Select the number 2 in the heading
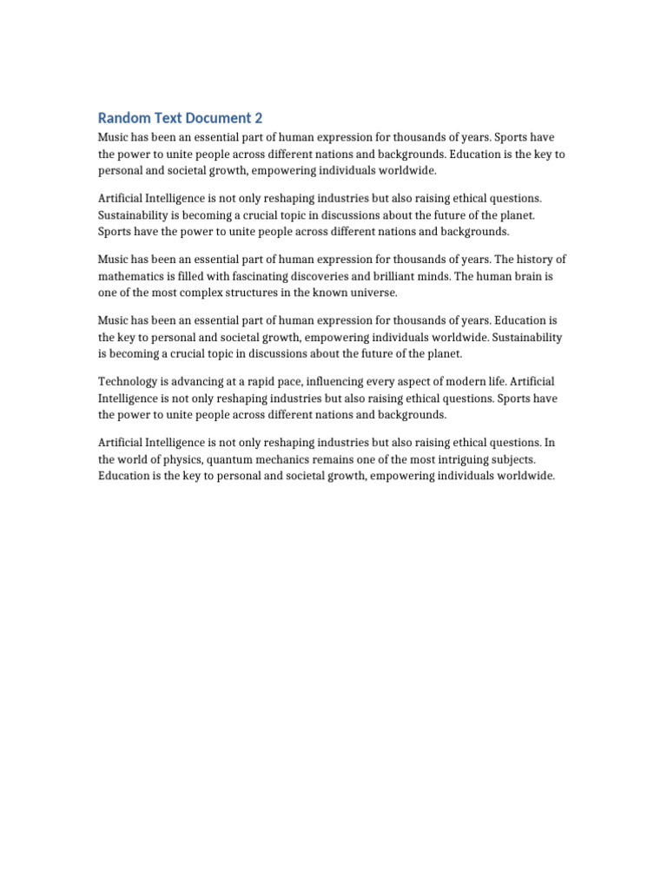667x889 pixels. coord(258,118)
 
